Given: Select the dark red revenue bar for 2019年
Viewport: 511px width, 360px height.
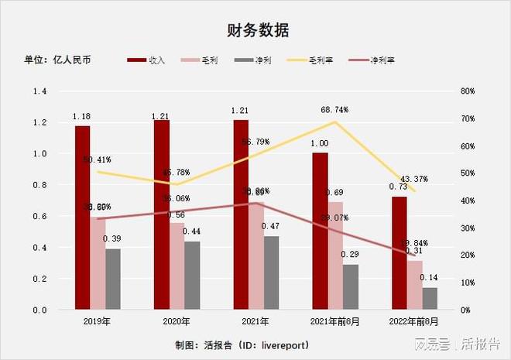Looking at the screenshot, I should (x=82, y=218).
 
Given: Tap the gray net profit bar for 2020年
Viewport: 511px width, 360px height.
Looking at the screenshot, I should (x=192, y=276).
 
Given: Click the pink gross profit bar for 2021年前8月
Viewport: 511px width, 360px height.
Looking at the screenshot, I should (x=335, y=255).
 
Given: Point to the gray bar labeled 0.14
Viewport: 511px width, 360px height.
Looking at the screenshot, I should (x=429, y=299).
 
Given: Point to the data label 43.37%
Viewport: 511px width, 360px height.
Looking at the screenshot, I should (x=413, y=179).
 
